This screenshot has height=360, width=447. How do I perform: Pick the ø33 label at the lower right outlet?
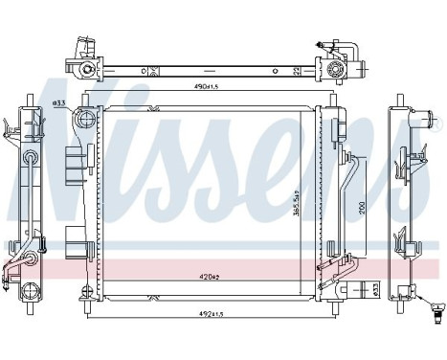pos(375,287)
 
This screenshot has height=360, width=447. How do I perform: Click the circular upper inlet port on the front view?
pos(84,120)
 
